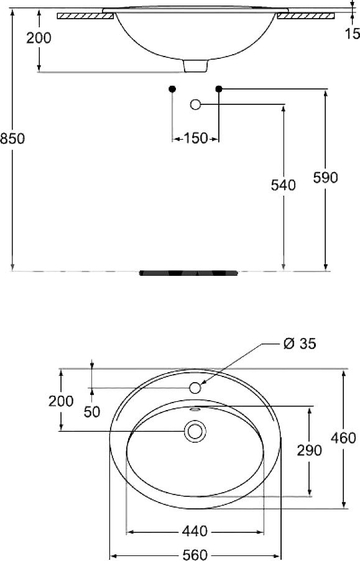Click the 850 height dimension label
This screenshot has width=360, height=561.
[12, 139]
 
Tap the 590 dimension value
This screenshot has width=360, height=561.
[325, 178]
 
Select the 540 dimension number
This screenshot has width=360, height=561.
[283, 185]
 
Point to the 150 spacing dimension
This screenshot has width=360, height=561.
[196, 138]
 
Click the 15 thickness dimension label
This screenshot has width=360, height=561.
[353, 34]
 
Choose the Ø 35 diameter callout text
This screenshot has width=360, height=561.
[300, 344]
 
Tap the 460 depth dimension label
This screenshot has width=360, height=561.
[343, 438]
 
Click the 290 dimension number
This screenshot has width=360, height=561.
[310, 450]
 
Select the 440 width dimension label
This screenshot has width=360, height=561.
[195, 531]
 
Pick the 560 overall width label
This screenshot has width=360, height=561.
[195, 555]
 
